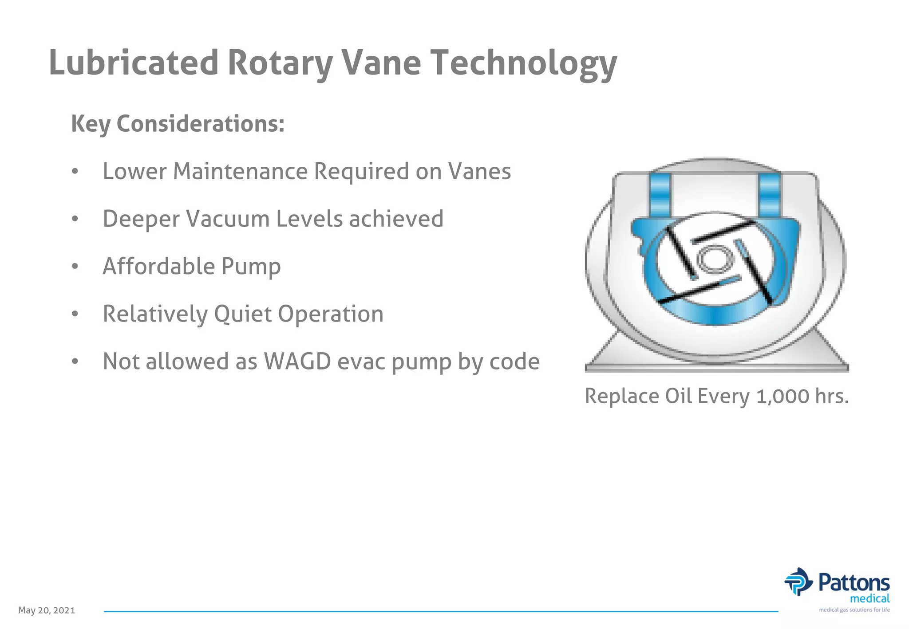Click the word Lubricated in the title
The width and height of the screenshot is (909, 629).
133,63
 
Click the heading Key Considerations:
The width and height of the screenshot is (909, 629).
178,124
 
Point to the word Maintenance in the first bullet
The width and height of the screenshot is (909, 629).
240,171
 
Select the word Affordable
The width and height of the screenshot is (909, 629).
158,266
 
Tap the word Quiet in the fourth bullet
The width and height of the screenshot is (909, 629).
242,314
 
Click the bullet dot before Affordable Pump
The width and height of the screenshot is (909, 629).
75,266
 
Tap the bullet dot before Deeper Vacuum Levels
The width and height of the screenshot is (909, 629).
75,219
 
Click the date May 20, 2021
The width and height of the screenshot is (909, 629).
47,610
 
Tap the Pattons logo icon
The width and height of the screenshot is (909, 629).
798,582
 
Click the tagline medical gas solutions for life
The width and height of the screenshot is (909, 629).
854,610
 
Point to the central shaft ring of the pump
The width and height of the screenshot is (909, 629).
714,259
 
